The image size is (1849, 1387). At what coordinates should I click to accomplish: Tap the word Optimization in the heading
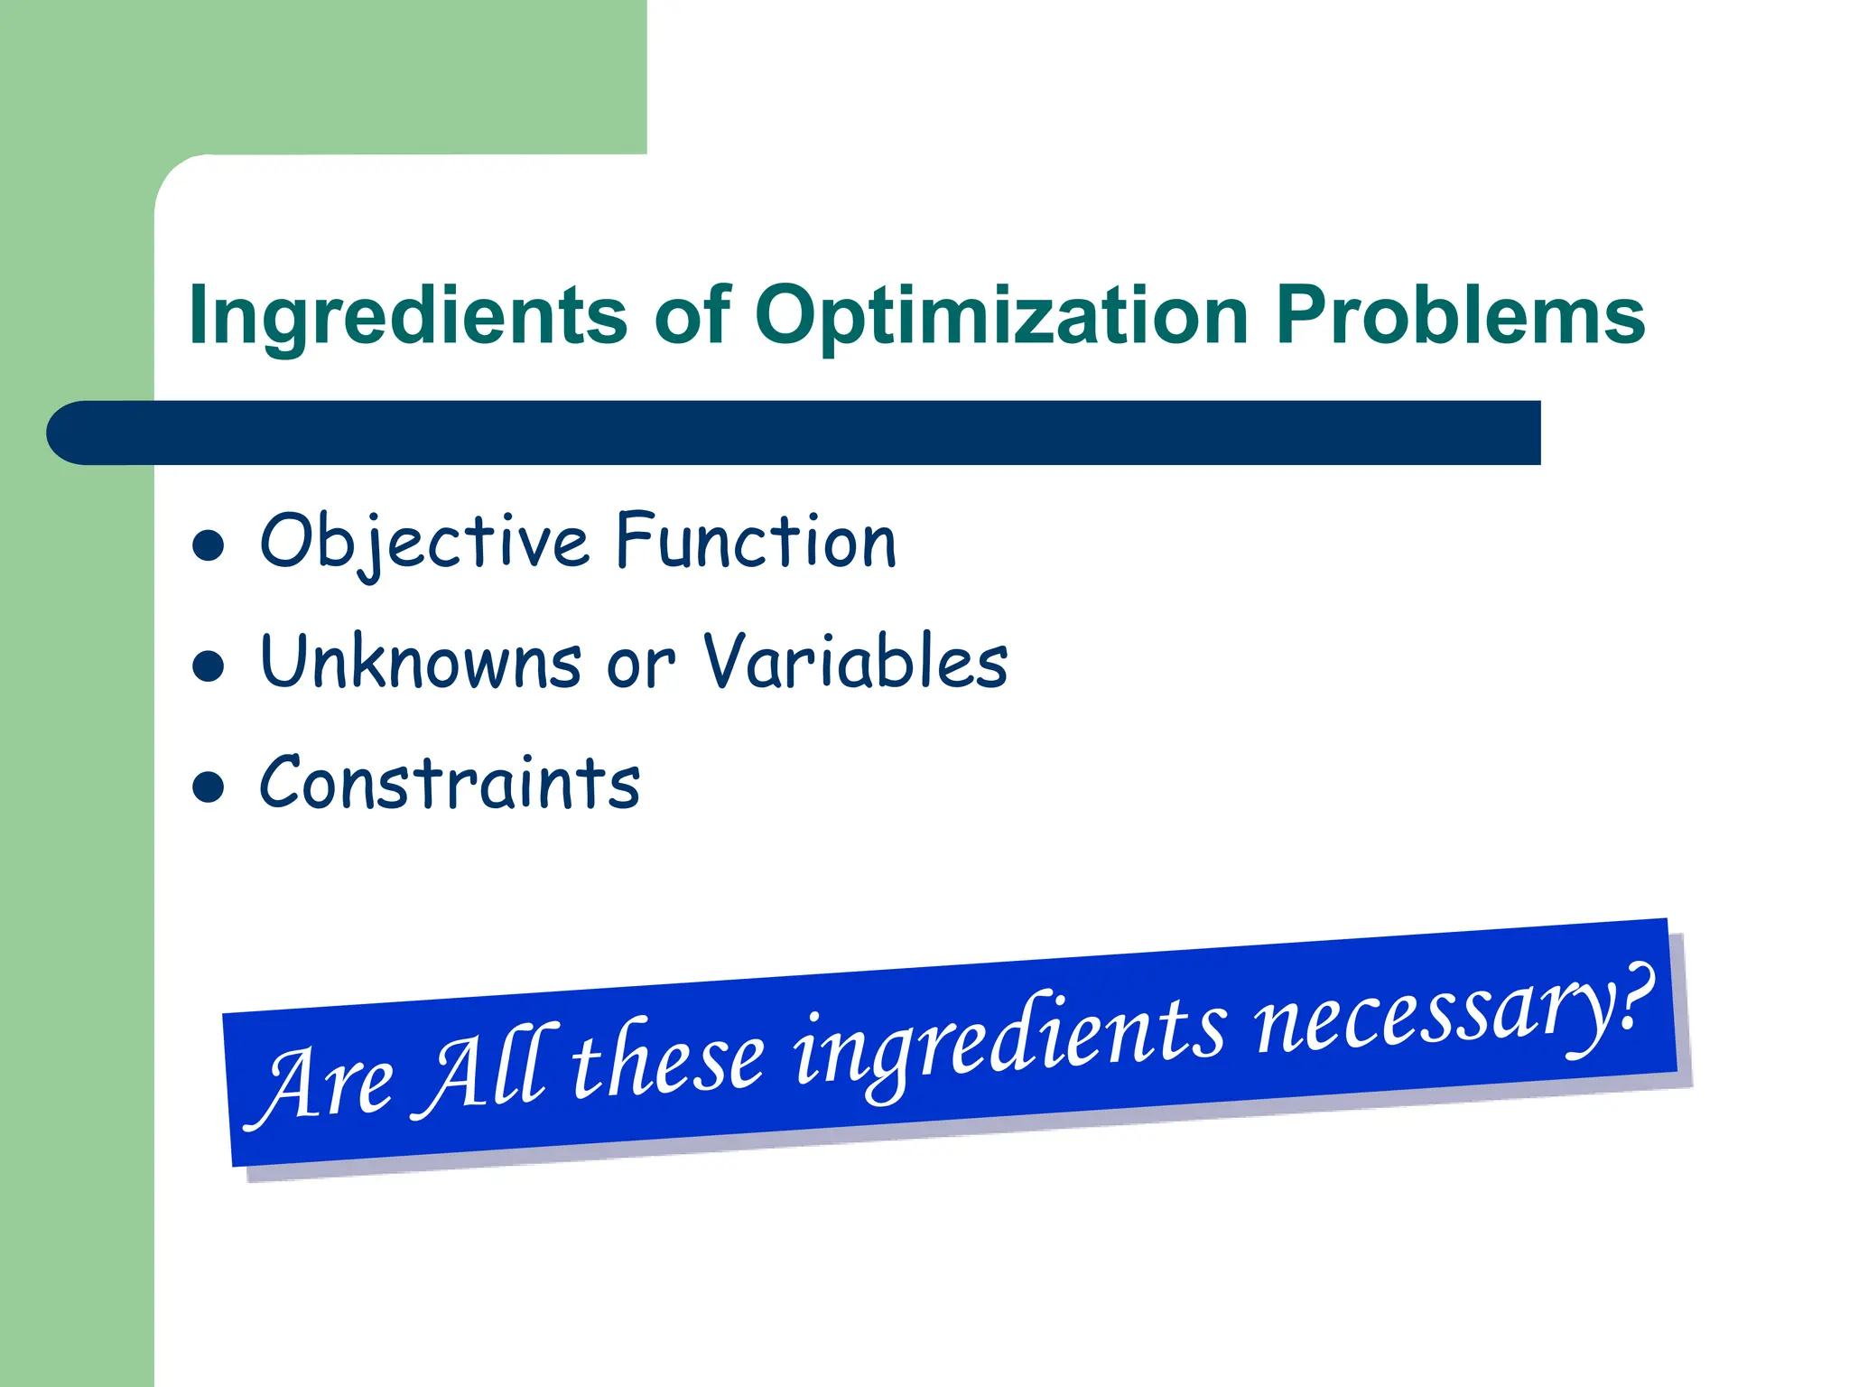coord(1001,316)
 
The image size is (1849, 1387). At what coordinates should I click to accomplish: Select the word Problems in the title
coord(1460,316)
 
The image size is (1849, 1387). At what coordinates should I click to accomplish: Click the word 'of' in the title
coord(692,316)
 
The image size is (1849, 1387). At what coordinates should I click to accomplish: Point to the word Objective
coord(424,543)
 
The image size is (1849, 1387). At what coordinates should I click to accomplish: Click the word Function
coord(757,541)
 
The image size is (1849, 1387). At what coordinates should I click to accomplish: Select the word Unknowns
coord(421,662)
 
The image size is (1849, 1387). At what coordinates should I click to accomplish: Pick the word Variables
coord(855,662)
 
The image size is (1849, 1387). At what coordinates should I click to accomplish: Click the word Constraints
coord(450,783)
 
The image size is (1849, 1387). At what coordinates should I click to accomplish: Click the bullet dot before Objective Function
coord(209,546)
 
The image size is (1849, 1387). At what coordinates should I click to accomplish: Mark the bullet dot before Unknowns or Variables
coord(209,666)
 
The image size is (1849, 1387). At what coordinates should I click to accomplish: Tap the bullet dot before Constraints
coord(209,787)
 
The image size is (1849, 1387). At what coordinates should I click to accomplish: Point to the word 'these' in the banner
coord(668,1058)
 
